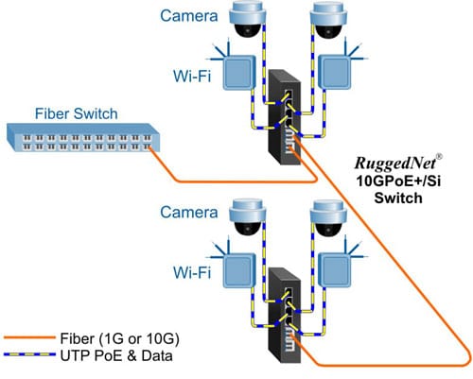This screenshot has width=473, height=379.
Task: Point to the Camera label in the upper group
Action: coord(185,16)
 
